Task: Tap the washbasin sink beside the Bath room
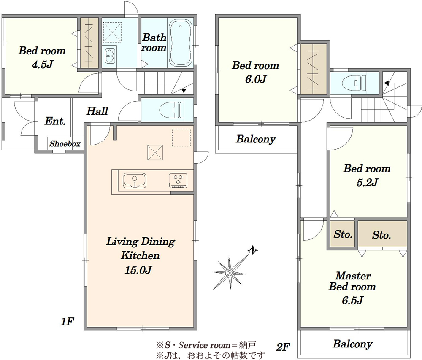point(109,56)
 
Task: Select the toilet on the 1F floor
point(171,110)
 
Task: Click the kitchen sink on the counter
point(135,180)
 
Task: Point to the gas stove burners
point(178,180)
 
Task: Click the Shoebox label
point(65,144)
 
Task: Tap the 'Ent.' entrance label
point(55,121)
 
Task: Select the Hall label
point(97,111)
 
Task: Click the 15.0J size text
point(138,270)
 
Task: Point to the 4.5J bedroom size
point(43,64)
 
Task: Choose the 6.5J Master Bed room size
point(353,300)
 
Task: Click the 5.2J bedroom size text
point(367,183)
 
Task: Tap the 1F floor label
point(67,321)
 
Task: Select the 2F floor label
point(283,347)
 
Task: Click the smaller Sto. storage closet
point(343,234)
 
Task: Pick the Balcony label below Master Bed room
point(352,344)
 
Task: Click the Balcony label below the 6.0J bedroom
point(256,139)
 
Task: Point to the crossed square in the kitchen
point(155,153)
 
